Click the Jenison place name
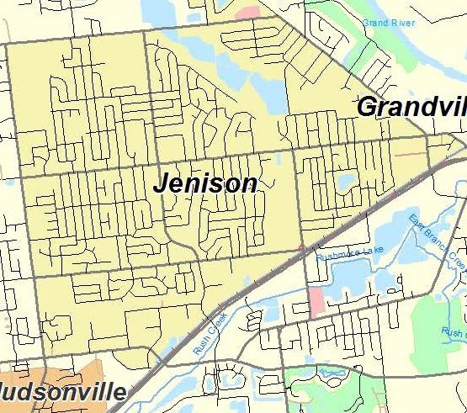click(205, 183)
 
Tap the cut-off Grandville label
click(411, 108)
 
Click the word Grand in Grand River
click(376, 23)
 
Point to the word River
click(402, 23)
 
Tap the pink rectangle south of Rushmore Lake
click(316, 301)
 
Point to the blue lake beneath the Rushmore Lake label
click(358, 278)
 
